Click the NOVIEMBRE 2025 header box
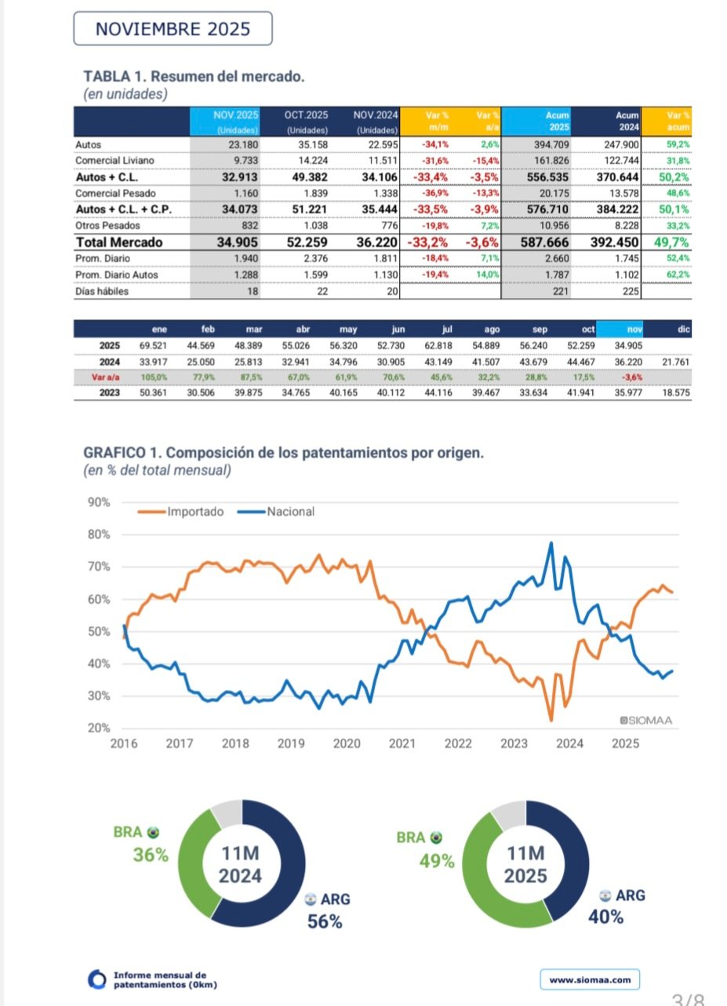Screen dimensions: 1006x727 pyautogui.click(x=173, y=29)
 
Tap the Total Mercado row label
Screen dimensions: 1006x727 pyautogui.click(x=118, y=242)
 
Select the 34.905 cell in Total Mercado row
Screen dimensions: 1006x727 pyautogui.click(x=238, y=242)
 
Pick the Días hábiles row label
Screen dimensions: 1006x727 pyautogui.click(x=103, y=291)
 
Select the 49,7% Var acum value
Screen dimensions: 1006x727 pyautogui.click(x=671, y=242)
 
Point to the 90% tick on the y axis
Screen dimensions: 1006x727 pyautogui.click(x=99, y=502)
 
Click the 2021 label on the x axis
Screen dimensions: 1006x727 pyautogui.click(x=402, y=743)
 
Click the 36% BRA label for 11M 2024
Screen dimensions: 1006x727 pyautogui.click(x=150, y=855)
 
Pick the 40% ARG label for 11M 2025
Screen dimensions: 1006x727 pyautogui.click(x=605, y=917)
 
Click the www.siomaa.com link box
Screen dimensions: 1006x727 pyautogui.click(x=590, y=979)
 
